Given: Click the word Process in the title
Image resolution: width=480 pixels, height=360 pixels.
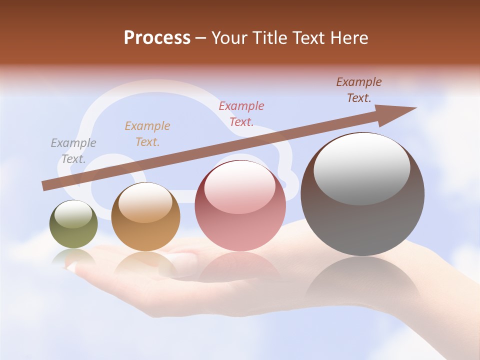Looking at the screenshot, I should (157, 38).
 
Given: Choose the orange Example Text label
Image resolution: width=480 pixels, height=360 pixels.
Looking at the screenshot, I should (147, 133).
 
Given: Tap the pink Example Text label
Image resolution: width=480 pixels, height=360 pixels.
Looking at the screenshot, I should (241, 113).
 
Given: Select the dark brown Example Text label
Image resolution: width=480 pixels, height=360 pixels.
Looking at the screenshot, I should (359, 89).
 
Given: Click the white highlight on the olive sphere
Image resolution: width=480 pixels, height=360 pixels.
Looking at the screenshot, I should (73, 214).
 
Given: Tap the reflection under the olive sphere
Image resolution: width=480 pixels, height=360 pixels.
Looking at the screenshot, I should (73, 257).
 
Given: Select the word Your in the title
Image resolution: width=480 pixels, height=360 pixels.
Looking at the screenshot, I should (230, 38).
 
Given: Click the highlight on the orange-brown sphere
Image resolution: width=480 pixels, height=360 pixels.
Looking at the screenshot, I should (145, 202).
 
